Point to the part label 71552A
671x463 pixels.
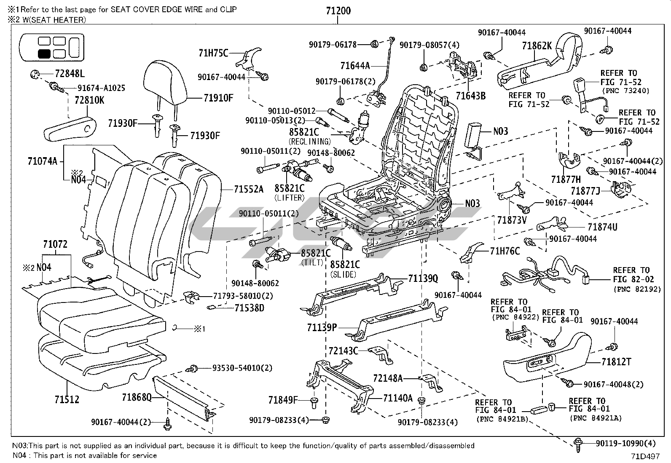click(249, 190)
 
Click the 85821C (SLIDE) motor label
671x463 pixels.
click(344, 265)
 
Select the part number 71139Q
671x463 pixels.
click(423, 278)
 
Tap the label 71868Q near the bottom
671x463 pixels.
click(137, 397)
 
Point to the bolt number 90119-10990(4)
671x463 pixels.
click(625, 443)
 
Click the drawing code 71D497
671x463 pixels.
click(645, 456)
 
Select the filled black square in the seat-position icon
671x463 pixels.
click(44, 54)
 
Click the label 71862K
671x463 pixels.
click(537, 46)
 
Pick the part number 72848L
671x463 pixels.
click(69, 75)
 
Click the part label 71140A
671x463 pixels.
click(397, 398)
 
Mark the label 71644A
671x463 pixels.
click(355, 65)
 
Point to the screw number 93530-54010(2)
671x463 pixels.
click(242, 368)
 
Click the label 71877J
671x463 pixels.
click(585, 191)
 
